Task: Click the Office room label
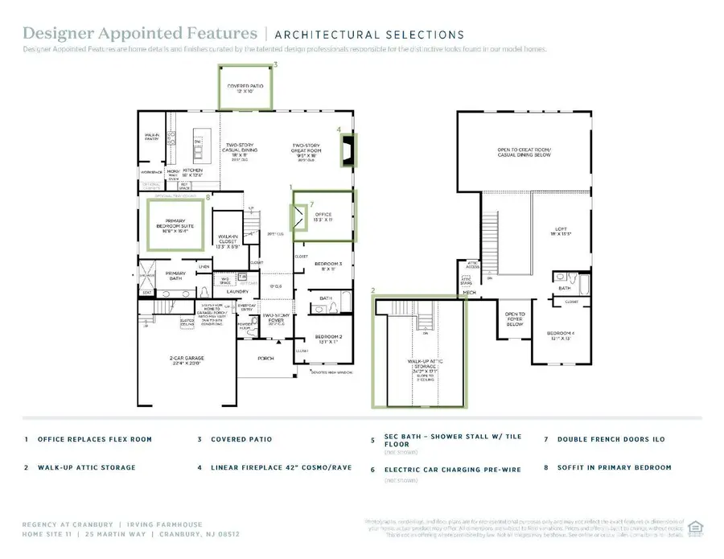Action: pos(322,216)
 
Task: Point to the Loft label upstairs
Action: pos(557,231)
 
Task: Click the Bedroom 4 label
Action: pos(559,335)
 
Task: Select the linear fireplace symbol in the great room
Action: pos(348,151)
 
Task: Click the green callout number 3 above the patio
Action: pos(276,64)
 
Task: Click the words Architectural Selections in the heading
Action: pos(369,35)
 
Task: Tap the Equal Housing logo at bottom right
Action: pos(696,528)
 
